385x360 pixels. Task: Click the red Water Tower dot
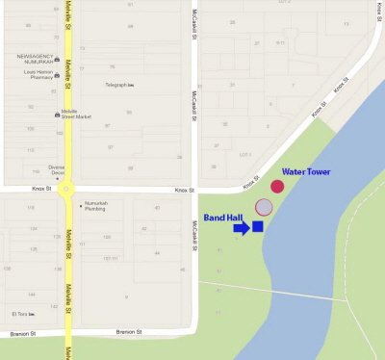[277, 186]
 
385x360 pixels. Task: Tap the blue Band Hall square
[257, 227]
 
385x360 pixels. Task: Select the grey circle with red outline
[264, 207]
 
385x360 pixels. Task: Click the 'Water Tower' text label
[306, 171]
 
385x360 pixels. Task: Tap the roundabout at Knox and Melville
[67, 190]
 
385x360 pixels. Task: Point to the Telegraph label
[115, 86]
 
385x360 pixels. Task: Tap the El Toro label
[19, 314]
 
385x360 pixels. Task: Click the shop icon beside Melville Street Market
[56, 115]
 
